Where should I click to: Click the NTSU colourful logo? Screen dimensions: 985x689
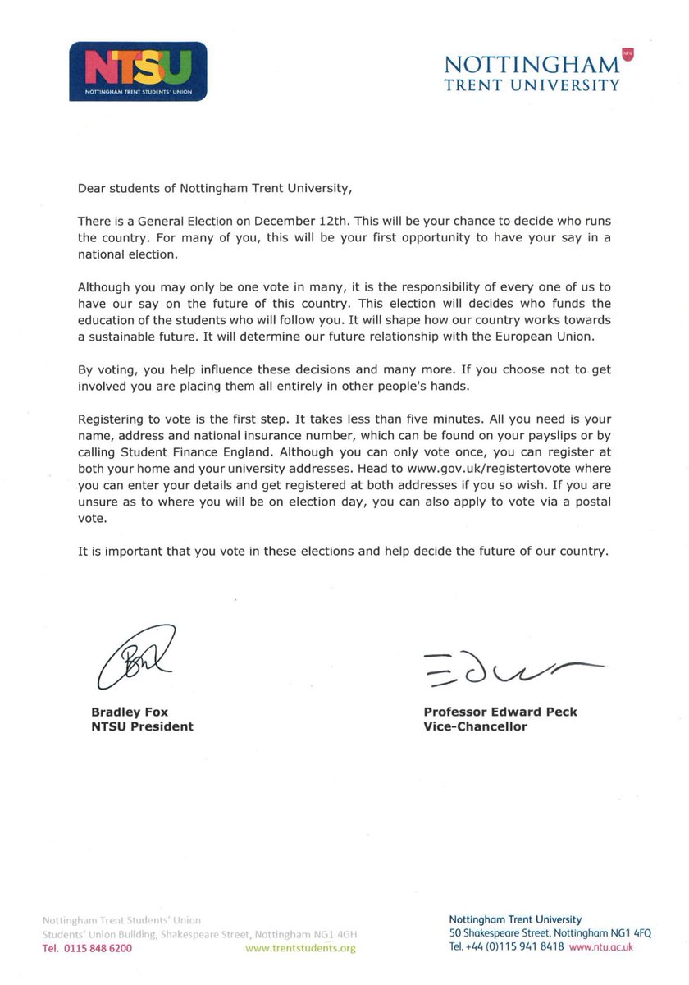coord(138,71)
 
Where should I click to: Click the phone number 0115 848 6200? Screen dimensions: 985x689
coord(87,948)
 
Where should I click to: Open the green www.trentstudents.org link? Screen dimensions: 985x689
coord(301,948)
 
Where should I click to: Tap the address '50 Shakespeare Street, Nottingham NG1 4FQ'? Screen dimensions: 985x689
coord(541,933)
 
